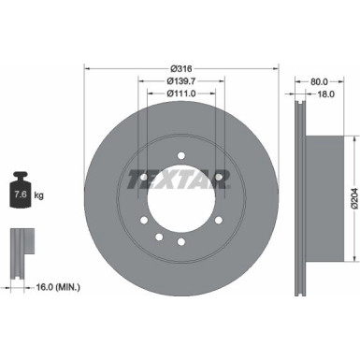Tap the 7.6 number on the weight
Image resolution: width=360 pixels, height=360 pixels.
20,194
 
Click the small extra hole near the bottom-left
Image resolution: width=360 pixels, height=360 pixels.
158,234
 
